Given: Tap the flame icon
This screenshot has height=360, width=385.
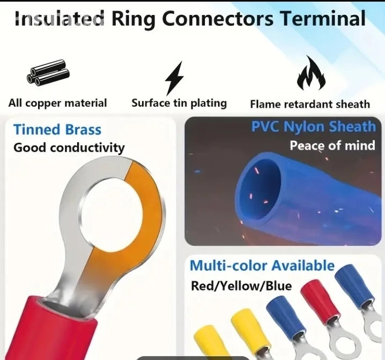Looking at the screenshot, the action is coord(311,73).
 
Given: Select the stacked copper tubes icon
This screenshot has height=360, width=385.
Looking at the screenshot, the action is coord(48,72).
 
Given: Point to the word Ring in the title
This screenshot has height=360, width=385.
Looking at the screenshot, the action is coord(133,20).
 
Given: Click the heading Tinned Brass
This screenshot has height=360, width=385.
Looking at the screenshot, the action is coord(57,129).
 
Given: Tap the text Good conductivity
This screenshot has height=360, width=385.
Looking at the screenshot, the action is coord(69,148).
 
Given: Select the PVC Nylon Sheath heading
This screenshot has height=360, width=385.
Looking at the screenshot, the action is coord(314,127).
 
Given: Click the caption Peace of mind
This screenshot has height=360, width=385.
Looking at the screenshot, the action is coord(332,145).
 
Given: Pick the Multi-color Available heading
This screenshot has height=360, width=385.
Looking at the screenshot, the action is coord(262,266).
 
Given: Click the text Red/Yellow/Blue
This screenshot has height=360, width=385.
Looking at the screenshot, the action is coord(241,286).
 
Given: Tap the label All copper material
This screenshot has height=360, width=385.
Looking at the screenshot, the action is coord(57,103).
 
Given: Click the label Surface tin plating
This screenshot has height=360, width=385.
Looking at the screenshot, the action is coord(179,103).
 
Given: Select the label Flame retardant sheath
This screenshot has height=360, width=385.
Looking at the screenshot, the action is coord(310,104).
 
